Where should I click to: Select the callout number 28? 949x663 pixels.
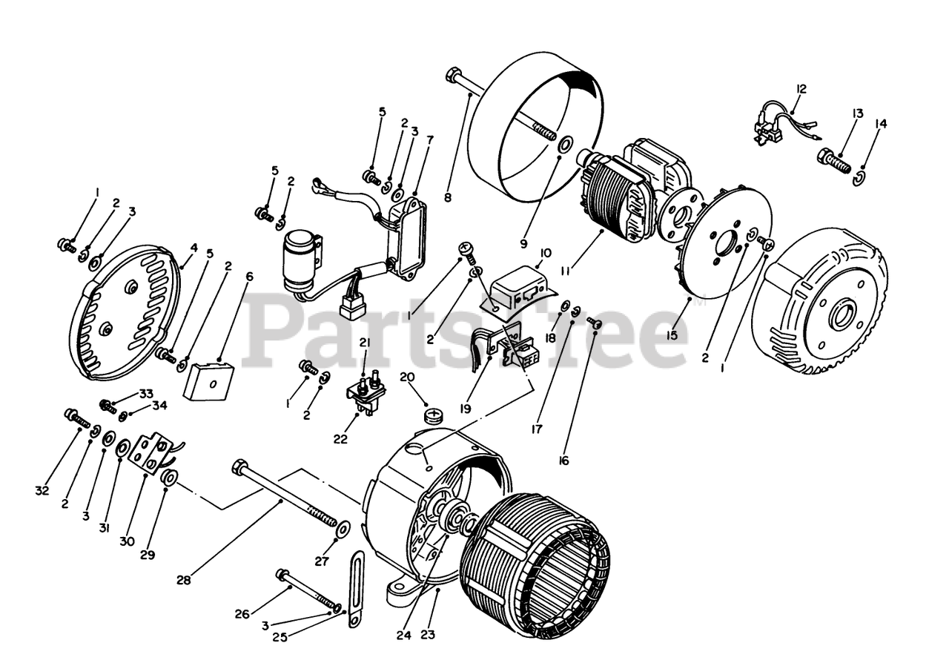184,580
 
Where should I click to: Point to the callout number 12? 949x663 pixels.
800,89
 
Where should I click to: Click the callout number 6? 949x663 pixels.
249,277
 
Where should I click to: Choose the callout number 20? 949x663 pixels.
407,377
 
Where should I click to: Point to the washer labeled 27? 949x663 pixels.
344,530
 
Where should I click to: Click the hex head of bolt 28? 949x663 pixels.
240,467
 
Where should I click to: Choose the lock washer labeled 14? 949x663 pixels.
859,177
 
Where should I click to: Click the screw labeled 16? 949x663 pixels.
595,323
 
